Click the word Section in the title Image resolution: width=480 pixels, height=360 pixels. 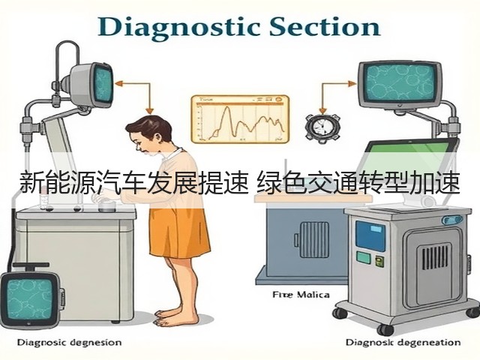[325, 27]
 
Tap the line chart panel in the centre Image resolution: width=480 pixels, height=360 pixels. [240, 118]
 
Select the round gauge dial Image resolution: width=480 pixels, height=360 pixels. [322, 128]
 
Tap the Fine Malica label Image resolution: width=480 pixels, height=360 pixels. [301, 295]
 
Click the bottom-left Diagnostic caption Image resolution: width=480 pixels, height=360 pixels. [69, 342]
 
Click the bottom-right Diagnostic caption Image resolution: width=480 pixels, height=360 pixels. [403, 342]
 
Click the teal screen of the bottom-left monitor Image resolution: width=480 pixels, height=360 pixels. [30, 298]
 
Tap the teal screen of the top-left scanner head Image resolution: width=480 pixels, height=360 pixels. [103, 84]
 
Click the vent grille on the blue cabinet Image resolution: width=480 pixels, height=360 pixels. [314, 240]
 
